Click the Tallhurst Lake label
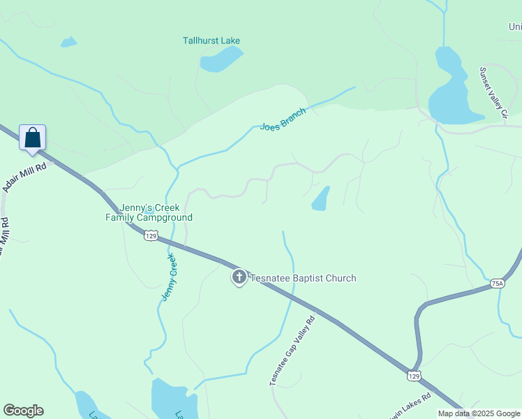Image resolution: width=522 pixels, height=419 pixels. (211, 41)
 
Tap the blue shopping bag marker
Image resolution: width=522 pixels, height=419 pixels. (32, 138)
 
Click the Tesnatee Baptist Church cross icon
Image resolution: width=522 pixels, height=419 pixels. (239, 278)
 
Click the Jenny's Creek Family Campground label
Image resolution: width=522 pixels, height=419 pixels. (149, 212)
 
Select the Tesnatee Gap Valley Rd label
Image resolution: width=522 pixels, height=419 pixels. (293, 350)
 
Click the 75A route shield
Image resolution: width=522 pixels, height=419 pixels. (497, 283)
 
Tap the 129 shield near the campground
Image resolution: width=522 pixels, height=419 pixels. (151, 236)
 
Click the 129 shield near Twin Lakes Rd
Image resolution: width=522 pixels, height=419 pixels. (414, 376)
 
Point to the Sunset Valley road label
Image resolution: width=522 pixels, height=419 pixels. (492, 91)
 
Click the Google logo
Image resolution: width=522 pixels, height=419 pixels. (23, 411)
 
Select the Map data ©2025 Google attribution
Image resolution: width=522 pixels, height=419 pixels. (479, 413)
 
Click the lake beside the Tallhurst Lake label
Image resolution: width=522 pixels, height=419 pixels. (221, 60)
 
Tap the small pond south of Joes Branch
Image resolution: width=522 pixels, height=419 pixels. (320, 199)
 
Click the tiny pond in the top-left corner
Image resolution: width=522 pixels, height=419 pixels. (68, 42)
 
